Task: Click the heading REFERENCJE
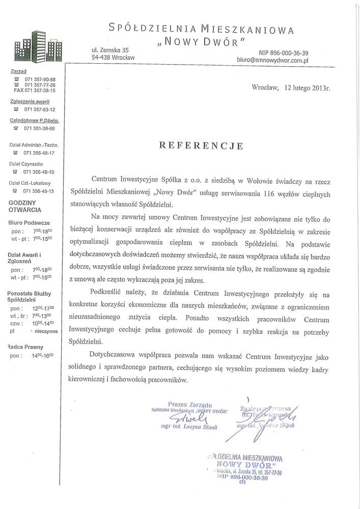(202, 146)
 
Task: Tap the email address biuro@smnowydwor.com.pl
(272, 60)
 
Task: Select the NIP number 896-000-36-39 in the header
(283, 52)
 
